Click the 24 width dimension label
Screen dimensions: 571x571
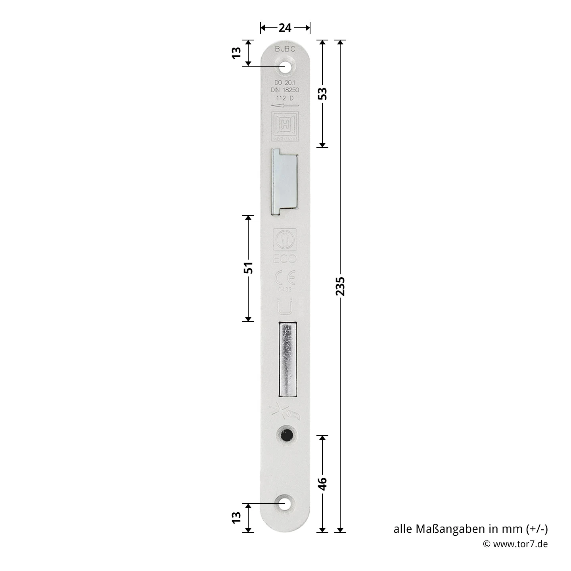point(285,28)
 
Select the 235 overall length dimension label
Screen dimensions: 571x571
point(340,286)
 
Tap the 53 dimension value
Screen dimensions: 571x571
point(323,94)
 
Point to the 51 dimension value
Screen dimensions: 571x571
point(248,268)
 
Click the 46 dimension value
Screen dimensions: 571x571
point(323,484)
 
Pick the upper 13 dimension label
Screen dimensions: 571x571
point(236,53)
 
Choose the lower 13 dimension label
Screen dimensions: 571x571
point(236,517)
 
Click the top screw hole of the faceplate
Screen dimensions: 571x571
point(285,67)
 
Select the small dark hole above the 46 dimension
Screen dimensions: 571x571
point(285,435)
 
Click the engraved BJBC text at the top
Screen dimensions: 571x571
point(285,49)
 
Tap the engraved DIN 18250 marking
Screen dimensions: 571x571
point(285,90)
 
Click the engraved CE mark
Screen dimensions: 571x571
point(285,278)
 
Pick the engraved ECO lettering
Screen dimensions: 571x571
point(285,259)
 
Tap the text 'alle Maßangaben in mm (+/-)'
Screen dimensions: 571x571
point(470,529)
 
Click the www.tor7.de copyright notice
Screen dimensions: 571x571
point(515,544)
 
